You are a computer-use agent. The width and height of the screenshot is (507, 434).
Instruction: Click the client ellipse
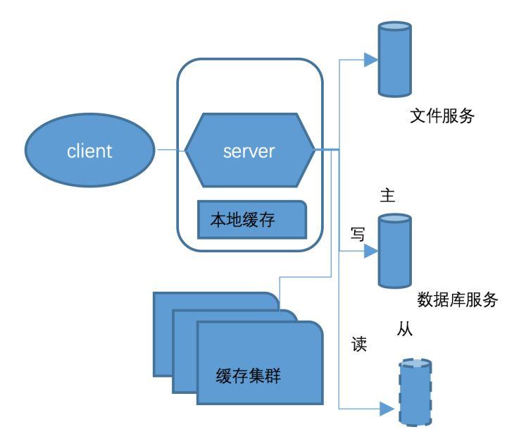coord(90,150)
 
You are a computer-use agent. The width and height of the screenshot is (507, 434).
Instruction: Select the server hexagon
coord(249,150)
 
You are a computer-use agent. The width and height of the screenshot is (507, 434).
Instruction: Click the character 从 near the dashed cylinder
coord(403,329)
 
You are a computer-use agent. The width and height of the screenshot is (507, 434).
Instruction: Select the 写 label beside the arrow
coord(358,235)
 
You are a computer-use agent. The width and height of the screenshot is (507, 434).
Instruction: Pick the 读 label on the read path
coord(359,347)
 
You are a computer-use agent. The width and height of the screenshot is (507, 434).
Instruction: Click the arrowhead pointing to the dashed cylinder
coord(387,407)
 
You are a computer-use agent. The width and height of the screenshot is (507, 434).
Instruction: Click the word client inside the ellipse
coord(90,151)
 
